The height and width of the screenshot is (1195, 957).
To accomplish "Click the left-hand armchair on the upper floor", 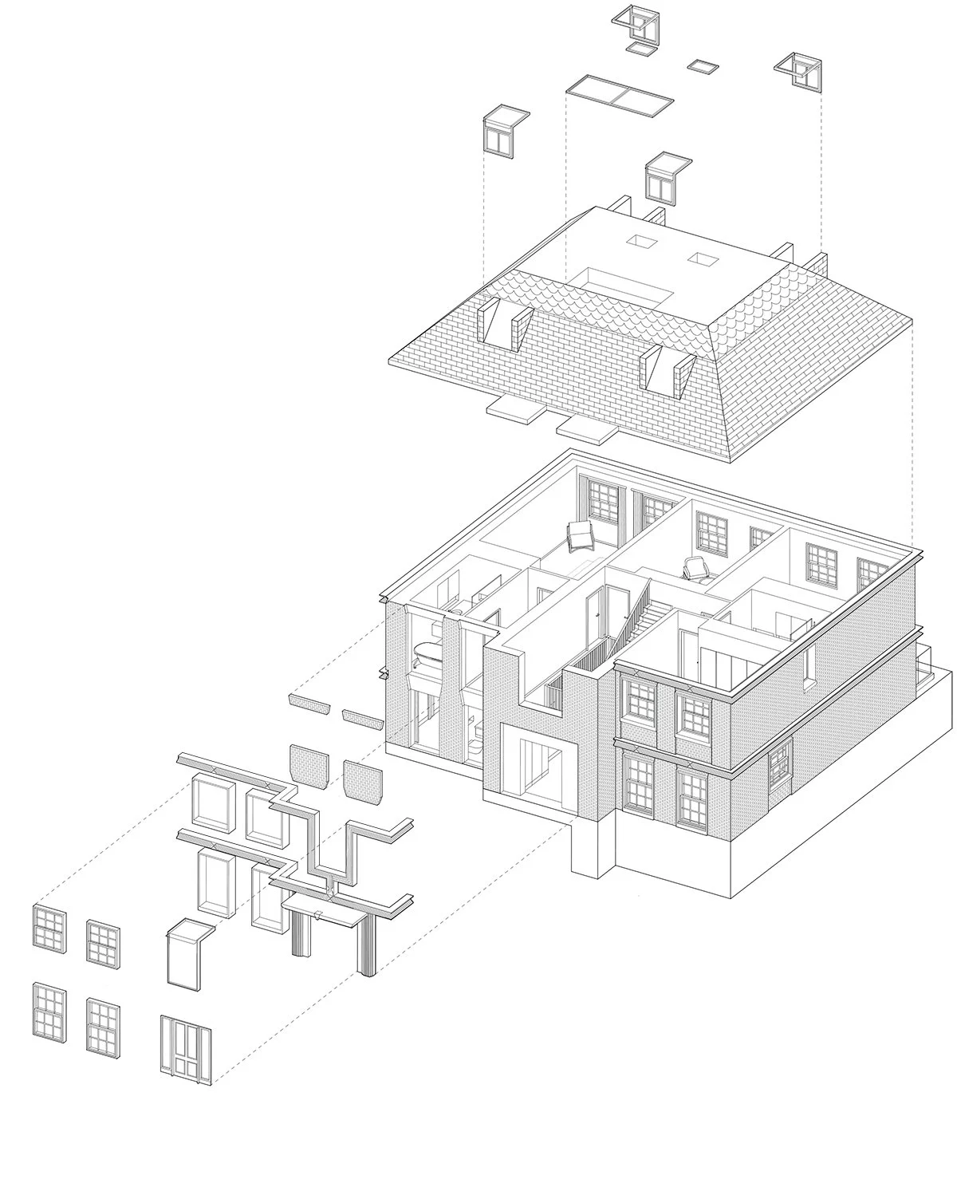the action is (580, 535).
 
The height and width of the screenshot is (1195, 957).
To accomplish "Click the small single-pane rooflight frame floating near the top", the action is (703, 65).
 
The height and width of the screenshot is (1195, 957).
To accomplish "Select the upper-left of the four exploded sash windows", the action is (49, 929).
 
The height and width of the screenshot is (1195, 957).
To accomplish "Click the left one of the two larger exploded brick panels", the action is (309, 766).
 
